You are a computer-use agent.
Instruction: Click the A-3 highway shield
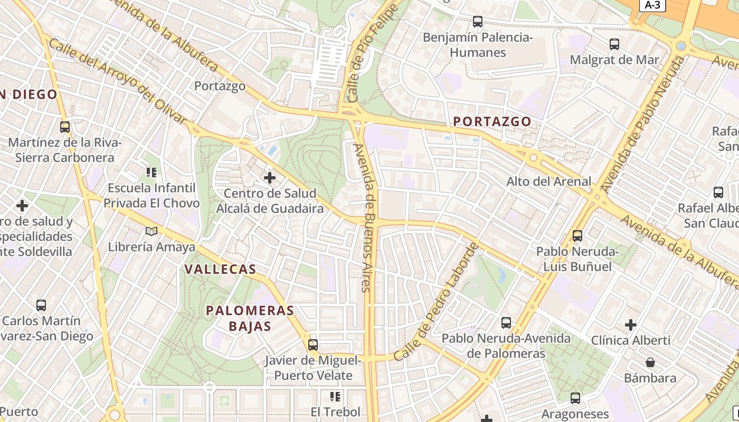point(652,5)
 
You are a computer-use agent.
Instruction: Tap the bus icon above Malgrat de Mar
point(614,44)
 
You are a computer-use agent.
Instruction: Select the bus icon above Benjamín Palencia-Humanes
point(478,22)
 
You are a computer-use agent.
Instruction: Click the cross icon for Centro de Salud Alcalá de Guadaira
point(270,178)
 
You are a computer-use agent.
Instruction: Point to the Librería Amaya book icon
point(151,231)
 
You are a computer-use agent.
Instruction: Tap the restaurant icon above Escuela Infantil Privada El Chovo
point(151,172)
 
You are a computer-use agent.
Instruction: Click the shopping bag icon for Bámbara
point(650,362)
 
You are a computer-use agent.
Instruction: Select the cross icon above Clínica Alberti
point(631,324)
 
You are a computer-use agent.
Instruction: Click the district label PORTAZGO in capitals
point(492,121)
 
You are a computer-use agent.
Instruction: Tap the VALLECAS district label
point(220,269)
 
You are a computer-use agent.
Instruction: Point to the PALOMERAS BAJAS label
point(250,318)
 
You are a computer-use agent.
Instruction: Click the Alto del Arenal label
point(549,181)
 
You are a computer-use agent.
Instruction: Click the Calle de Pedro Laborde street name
point(437,301)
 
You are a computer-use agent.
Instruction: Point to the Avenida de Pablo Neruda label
point(642,124)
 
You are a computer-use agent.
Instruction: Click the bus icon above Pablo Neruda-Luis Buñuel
point(577,236)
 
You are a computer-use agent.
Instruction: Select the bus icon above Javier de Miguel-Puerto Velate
point(313,345)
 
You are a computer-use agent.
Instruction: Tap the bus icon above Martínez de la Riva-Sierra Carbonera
point(65,127)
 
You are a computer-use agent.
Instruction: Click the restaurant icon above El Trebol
point(335,396)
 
